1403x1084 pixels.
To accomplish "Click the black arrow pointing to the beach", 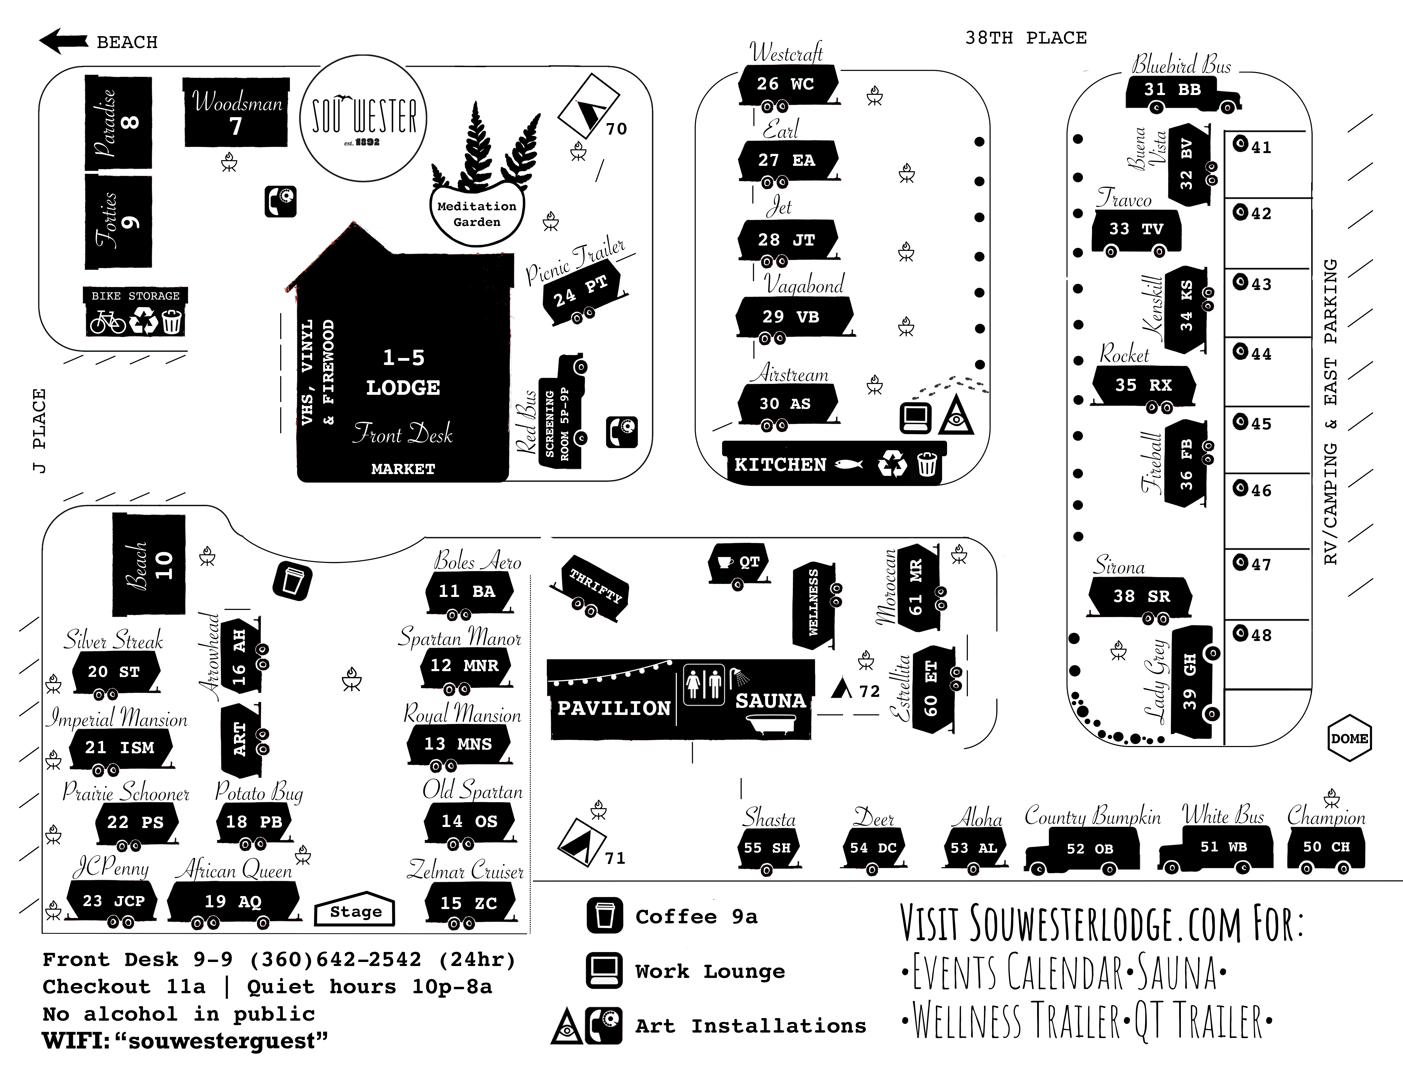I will tap(63, 41).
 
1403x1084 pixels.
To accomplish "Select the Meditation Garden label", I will tap(477, 214).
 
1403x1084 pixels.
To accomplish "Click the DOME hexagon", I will tap(1349, 738).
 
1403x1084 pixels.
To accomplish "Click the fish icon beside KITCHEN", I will tap(848, 465).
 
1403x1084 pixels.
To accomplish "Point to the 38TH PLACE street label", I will tap(1026, 38).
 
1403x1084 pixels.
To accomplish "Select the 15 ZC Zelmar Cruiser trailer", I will tap(469, 903).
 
